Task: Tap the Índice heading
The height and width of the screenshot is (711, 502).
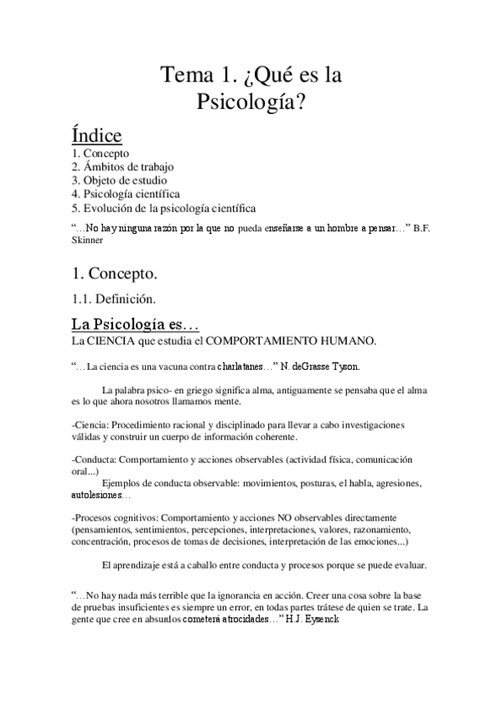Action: pyautogui.click(x=97, y=136)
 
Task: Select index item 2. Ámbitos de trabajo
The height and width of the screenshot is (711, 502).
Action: pyautogui.click(x=122, y=167)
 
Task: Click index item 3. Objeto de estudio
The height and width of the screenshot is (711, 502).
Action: pyautogui.click(x=119, y=179)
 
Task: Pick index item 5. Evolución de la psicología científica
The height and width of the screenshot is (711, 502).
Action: pyautogui.click(x=164, y=206)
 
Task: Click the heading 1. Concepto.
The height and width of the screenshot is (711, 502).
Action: pyautogui.click(x=115, y=272)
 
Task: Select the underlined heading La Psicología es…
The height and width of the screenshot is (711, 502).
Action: pyautogui.click(x=134, y=324)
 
